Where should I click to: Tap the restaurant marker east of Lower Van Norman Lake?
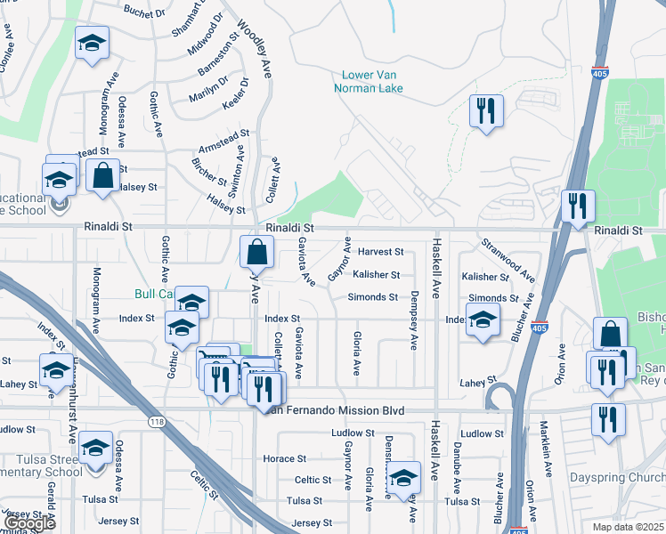(x=486, y=112)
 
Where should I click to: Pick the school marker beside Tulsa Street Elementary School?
(x=95, y=448)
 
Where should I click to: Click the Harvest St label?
(x=380, y=253)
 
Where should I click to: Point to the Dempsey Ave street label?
(x=414, y=320)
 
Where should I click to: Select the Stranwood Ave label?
(x=508, y=258)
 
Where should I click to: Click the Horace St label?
(x=285, y=458)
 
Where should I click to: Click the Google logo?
(x=29, y=523)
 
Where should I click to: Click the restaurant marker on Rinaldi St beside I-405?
(x=577, y=206)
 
